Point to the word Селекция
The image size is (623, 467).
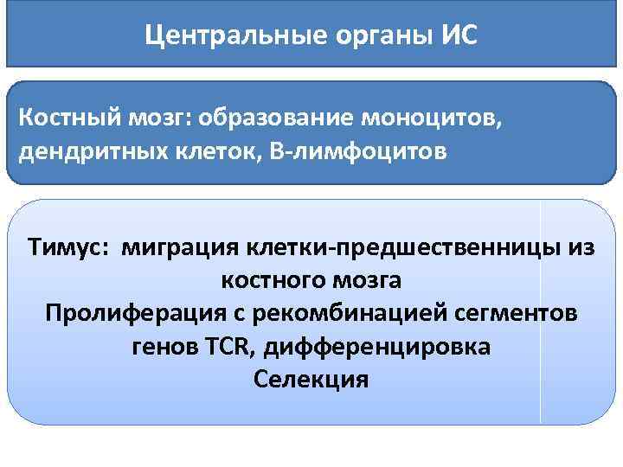[x=311, y=381]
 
